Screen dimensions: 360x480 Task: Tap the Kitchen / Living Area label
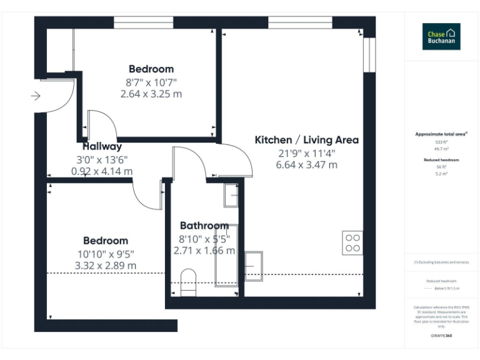[306, 139]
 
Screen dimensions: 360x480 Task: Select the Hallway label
[102, 146]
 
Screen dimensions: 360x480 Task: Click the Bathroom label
[204, 226]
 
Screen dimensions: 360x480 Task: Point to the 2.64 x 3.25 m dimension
[151, 94]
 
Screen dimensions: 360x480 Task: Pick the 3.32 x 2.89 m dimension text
[106, 266]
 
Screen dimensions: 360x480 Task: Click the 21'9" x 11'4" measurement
[306, 152]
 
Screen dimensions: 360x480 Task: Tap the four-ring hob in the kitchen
[352, 242]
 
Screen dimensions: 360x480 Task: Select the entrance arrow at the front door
[36, 96]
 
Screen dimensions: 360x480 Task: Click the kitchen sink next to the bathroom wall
[254, 266]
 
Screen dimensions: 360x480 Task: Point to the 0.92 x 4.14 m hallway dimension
[102, 171]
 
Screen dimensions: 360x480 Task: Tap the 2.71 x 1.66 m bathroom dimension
[204, 251]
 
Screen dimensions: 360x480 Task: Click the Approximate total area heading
[441, 134]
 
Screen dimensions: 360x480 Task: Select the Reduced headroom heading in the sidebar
[441, 160]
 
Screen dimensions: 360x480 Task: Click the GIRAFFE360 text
[441, 336]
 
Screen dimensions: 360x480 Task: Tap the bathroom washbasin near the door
[231, 196]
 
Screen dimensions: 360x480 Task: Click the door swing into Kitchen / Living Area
[234, 159]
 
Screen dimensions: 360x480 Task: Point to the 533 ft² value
[441, 142]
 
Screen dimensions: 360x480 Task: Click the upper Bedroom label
[151, 69]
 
